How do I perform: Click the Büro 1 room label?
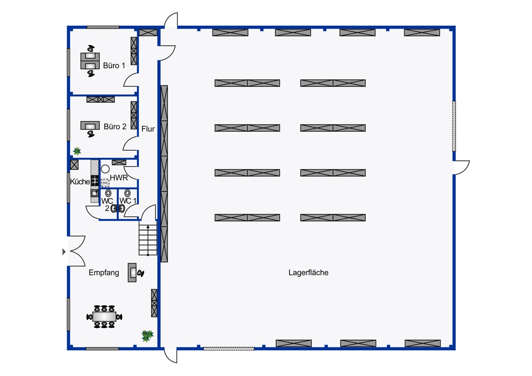click(x=114, y=66)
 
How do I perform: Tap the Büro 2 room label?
click(x=115, y=127)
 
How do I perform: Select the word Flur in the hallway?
click(x=148, y=129)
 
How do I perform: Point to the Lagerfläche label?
click(x=308, y=272)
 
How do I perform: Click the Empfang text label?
click(x=104, y=273)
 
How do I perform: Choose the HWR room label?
click(x=119, y=178)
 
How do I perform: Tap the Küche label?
click(x=80, y=182)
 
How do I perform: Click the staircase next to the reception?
click(x=148, y=240)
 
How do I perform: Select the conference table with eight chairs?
click(x=104, y=317)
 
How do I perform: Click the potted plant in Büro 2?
click(x=77, y=151)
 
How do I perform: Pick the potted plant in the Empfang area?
click(x=148, y=336)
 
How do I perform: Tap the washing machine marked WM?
click(x=105, y=183)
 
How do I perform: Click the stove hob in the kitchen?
click(x=95, y=180)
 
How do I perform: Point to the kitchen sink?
click(x=94, y=193)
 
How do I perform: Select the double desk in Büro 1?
click(x=90, y=61)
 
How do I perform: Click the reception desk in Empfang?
click(x=132, y=272)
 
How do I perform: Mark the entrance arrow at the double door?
click(x=64, y=251)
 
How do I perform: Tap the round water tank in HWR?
click(x=105, y=169)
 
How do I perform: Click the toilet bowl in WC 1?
click(x=128, y=193)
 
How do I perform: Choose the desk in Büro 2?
click(x=90, y=125)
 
